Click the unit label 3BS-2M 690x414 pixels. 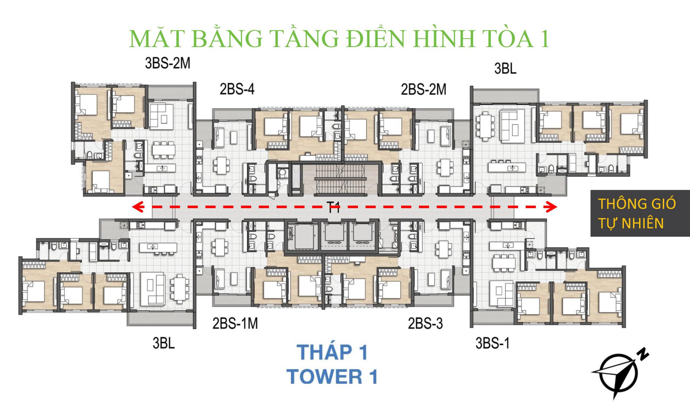click(168, 64)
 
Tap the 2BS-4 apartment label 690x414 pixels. click(237, 90)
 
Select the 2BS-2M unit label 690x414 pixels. click(423, 90)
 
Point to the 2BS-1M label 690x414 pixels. click(235, 324)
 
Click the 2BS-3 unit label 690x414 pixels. click(425, 324)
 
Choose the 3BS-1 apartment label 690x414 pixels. click(492, 343)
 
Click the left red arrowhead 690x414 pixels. click(137, 207)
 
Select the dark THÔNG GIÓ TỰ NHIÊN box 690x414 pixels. click(640, 213)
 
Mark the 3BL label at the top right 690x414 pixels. click(505, 69)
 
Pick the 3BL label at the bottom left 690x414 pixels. click(163, 343)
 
